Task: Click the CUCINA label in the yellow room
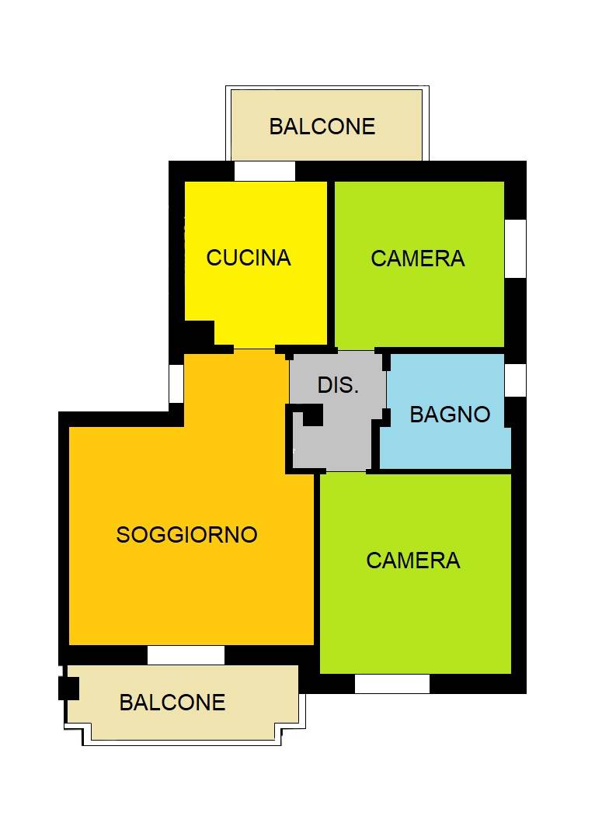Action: click(249, 258)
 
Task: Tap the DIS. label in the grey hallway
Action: click(338, 385)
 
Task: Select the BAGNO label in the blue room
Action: click(450, 415)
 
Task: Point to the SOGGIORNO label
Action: click(186, 534)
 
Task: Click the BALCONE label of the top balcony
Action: click(322, 127)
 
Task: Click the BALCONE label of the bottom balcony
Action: click(172, 703)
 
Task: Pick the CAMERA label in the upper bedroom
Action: click(418, 259)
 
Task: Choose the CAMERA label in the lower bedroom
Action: click(413, 560)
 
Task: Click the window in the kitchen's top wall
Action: click(265, 171)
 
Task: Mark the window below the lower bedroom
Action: click(392, 684)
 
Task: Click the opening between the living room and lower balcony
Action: click(186, 655)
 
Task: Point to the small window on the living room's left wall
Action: click(176, 383)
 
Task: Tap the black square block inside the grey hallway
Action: click(312, 417)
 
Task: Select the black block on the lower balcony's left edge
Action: click(68, 688)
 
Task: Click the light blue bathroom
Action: click(447, 446)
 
